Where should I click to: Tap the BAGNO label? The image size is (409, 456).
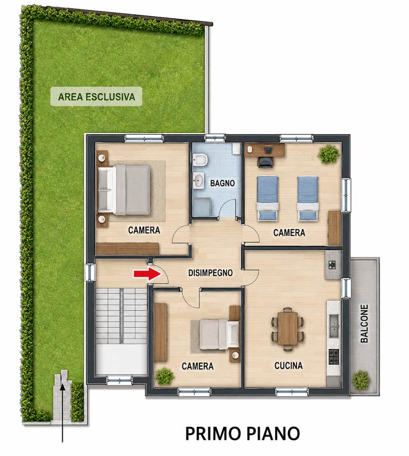coord(222,183)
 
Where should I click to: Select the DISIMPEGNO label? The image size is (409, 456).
coord(210,273)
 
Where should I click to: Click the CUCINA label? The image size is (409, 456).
coord(288,365)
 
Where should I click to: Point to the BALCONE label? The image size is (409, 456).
coord(364,323)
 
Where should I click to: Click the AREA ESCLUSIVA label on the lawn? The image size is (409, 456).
coord(97,97)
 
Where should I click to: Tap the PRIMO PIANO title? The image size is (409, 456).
coord(242,434)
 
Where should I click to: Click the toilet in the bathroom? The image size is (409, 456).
coord(200,160)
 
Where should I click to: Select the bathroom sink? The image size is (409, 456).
coord(199,180)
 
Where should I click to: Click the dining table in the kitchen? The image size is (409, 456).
coord(288,328)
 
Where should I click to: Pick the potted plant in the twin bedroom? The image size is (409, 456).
coord(329,154)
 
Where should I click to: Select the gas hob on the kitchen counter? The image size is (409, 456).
coord(334,357)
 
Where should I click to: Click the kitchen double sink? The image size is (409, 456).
coord(334,326)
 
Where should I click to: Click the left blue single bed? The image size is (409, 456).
coord(268,198)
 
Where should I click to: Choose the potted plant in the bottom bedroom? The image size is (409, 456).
coord(165,376)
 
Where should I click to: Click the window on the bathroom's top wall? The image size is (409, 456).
coord(215,137)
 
